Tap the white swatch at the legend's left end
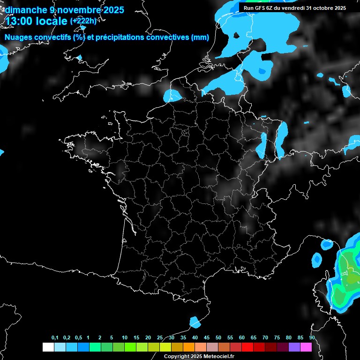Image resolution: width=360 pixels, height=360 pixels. pos(48,347)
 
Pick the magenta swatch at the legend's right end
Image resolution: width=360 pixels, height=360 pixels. pos(306,347)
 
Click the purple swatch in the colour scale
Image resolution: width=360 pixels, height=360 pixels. pos(294,347)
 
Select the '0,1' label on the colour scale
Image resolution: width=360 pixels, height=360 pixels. pos(55,338)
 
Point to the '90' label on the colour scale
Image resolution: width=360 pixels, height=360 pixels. pos(312,338)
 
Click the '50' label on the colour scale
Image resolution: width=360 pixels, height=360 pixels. pos(218,338)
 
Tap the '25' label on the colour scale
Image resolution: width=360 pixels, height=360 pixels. pos(160,338)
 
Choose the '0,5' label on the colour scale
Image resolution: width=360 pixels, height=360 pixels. pos(78,338)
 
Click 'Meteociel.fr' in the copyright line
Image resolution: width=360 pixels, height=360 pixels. pos(219,357)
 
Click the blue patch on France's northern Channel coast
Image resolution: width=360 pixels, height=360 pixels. pos(172,95)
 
